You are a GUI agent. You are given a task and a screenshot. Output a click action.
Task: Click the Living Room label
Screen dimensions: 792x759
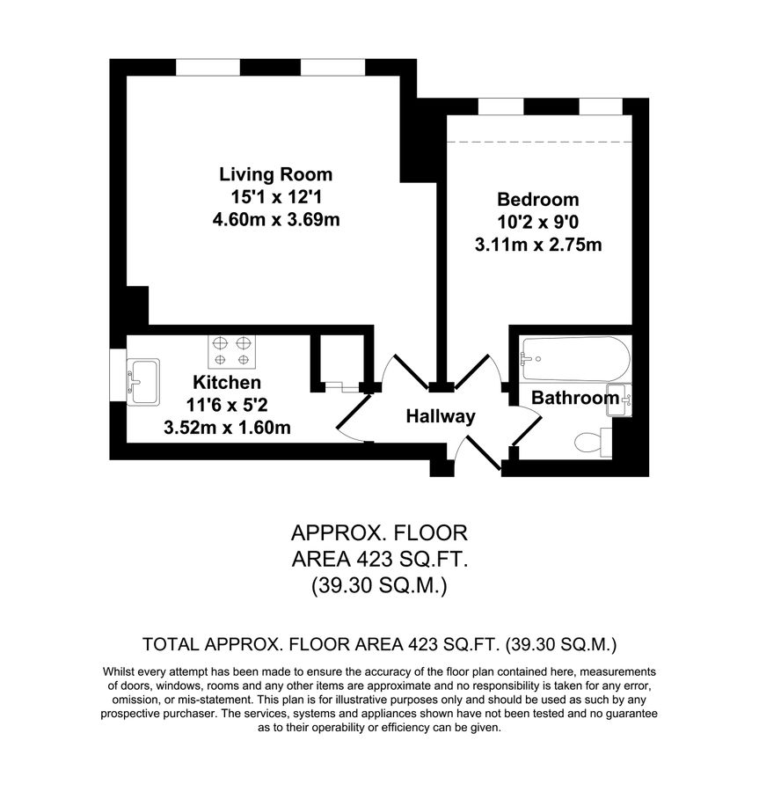click(x=275, y=173)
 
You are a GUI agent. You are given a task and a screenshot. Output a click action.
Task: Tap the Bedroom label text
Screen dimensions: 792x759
click(x=537, y=199)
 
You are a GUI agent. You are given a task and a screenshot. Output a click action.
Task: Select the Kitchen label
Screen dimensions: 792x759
click(x=227, y=383)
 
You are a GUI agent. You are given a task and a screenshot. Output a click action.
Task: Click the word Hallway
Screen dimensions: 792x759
click(x=440, y=416)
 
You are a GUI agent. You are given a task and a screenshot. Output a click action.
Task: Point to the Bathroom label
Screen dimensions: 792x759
click(x=574, y=399)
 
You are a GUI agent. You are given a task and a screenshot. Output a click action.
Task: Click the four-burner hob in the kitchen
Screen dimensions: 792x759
click(x=230, y=351)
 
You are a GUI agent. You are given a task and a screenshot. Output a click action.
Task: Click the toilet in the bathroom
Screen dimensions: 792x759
click(x=591, y=441)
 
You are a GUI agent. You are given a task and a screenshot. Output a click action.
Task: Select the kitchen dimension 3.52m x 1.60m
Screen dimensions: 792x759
click(x=227, y=429)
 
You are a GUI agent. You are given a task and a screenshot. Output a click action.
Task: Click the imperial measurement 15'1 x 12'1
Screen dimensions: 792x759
click(x=275, y=197)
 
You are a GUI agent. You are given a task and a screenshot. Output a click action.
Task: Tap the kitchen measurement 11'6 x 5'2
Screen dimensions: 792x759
click(x=227, y=406)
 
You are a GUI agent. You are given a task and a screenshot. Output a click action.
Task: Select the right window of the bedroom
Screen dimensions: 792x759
click(x=602, y=107)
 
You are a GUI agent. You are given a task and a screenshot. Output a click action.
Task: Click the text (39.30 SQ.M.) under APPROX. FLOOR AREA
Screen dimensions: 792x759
click(x=379, y=585)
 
